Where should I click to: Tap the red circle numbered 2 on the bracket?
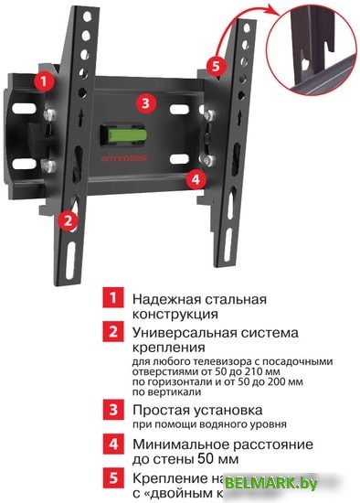click(65, 219)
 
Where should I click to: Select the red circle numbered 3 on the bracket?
click(144, 102)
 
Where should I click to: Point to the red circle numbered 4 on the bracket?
click(194, 179)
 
